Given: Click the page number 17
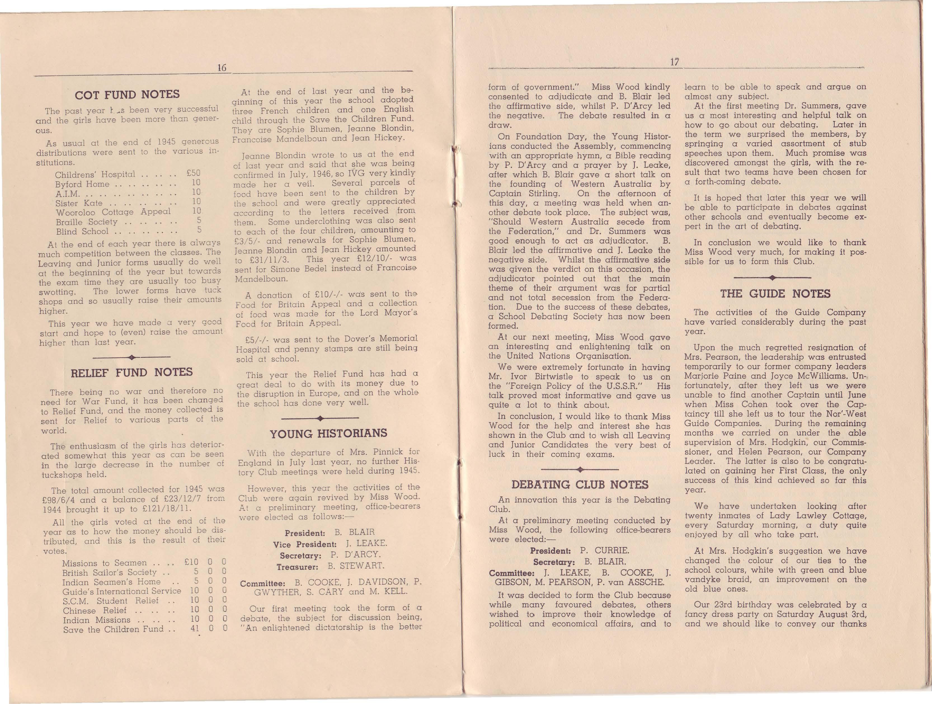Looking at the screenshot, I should coord(675,62).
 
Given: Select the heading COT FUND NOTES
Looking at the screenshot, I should coord(127,94).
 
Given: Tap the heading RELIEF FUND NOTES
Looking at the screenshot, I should coord(131,373).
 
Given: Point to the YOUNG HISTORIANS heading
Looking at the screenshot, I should coord(328,434).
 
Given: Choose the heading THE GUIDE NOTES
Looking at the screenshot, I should coord(775,294).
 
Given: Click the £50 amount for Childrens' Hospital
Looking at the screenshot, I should coord(193,173).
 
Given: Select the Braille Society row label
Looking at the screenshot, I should coord(87,222).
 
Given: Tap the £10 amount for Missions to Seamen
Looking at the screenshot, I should coord(191,562).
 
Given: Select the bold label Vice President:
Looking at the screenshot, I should coord(305,544).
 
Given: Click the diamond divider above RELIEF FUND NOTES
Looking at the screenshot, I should coord(131,357).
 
